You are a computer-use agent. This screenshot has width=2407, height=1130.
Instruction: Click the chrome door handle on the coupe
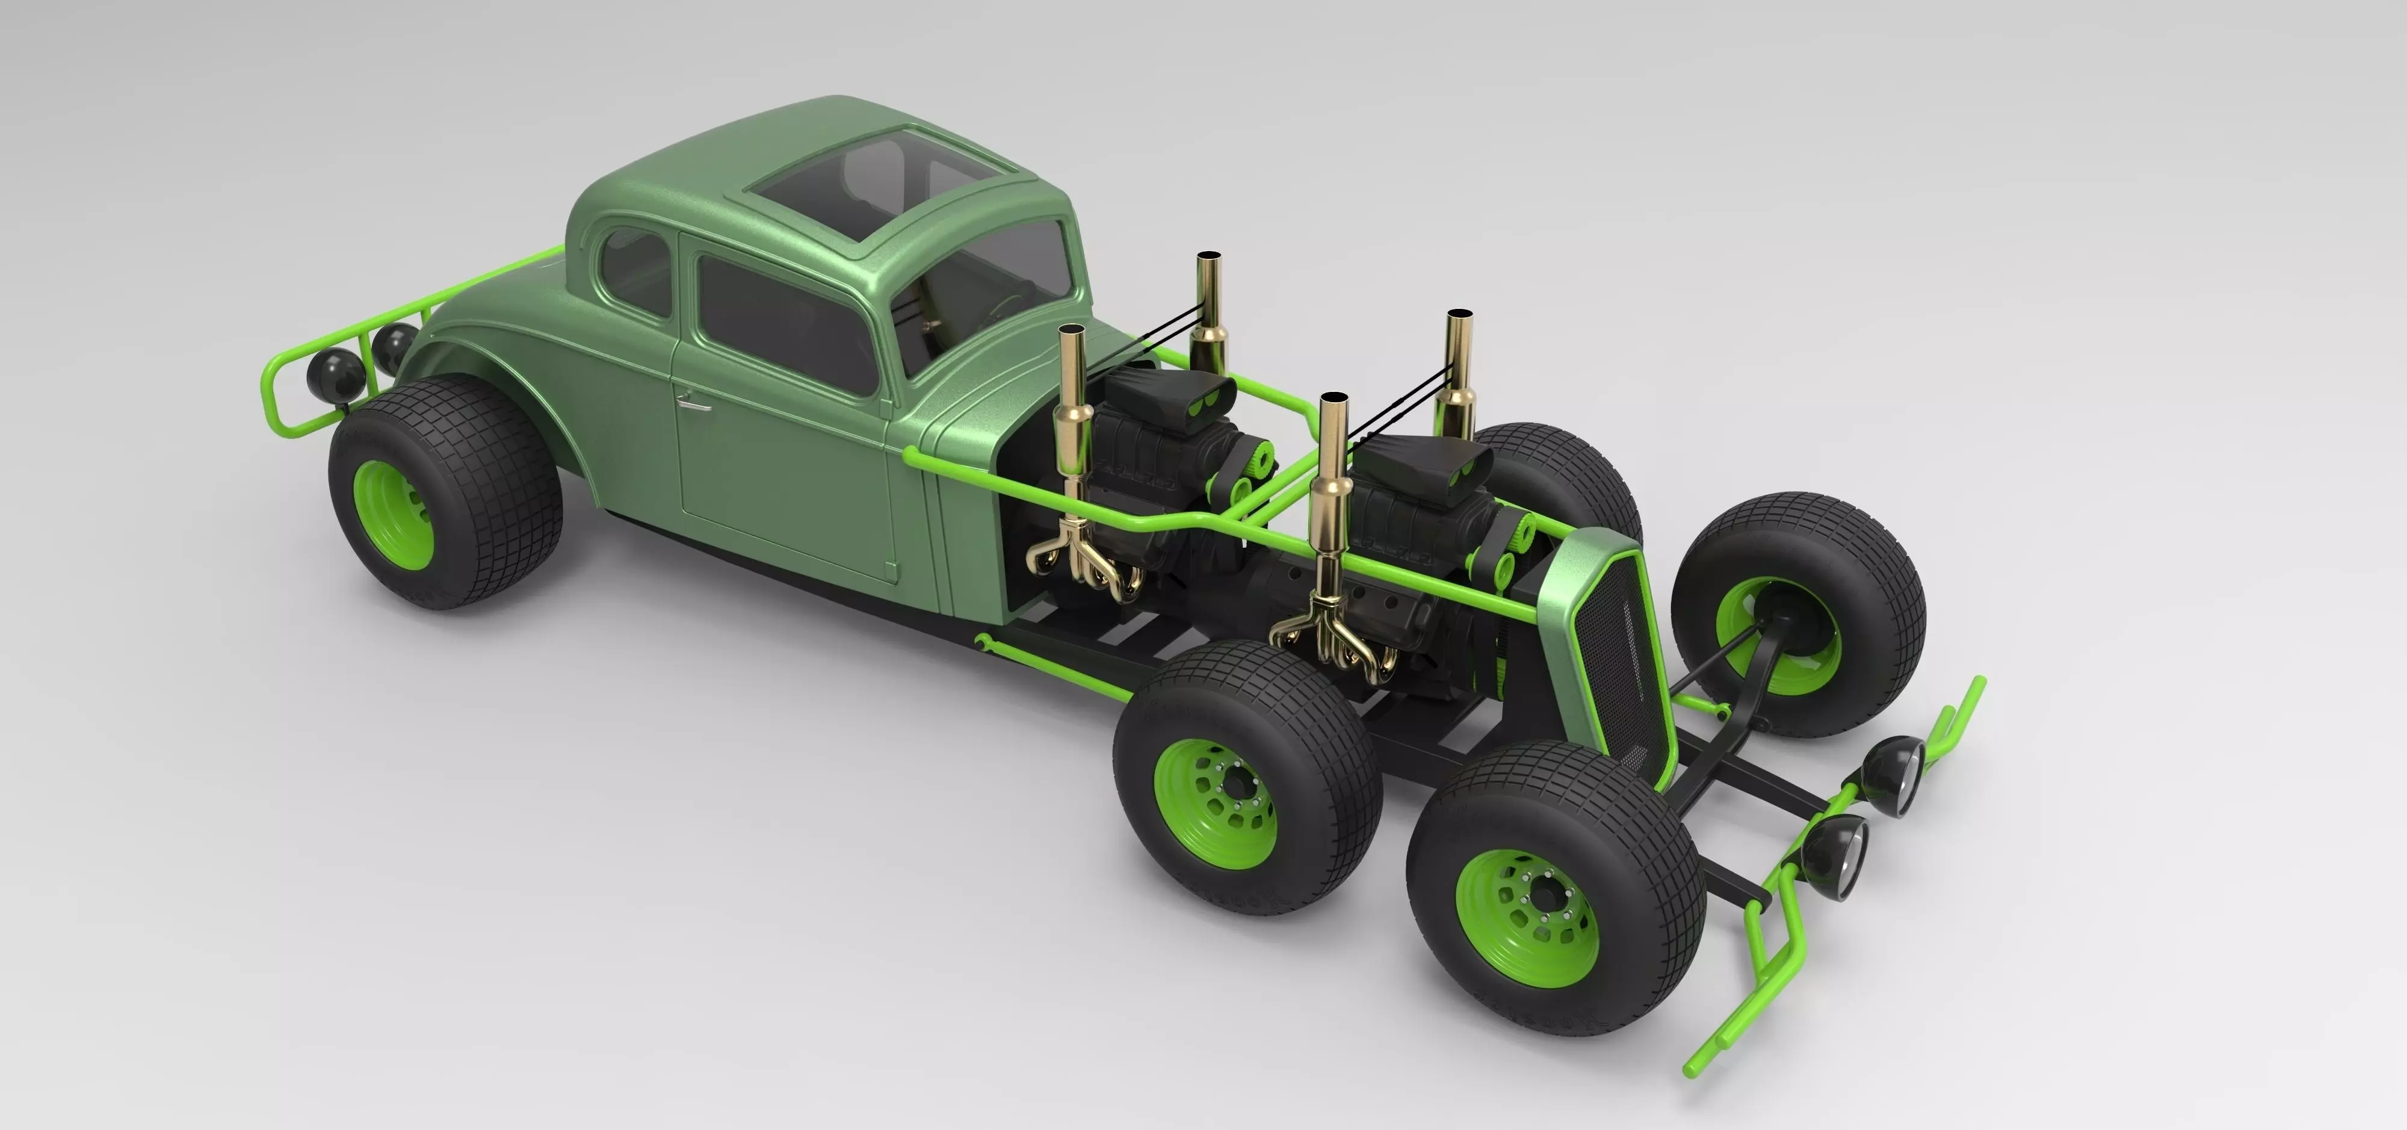tap(693, 403)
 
